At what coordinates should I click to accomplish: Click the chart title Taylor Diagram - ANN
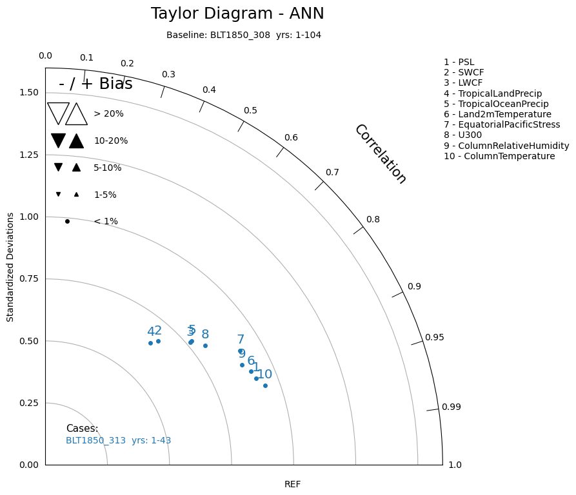(237, 14)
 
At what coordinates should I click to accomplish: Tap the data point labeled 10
(265, 385)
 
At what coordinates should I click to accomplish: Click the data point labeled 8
(205, 345)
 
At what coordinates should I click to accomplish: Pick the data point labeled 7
(240, 351)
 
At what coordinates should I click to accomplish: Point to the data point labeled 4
(151, 343)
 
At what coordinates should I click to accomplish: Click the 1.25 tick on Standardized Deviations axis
(29, 155)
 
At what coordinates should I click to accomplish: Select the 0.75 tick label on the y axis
(29, 279)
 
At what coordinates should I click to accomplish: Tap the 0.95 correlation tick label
(435, 337)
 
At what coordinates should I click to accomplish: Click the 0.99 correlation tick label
(451, 407)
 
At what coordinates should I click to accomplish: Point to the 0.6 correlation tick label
(291, 137)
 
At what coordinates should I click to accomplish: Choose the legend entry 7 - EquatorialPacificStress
(502, 125)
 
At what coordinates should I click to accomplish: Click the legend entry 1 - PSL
(459, 63)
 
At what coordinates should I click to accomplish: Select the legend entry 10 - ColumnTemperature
(499, 157)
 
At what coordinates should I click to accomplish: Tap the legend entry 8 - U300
(462, 135)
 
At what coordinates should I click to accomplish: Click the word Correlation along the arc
(381, 154)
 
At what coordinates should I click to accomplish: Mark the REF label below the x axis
(292, 484)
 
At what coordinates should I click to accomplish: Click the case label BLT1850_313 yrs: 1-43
(118, 441)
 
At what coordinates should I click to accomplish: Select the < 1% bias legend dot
(67, 221)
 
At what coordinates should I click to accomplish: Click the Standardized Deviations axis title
(10, 267)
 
